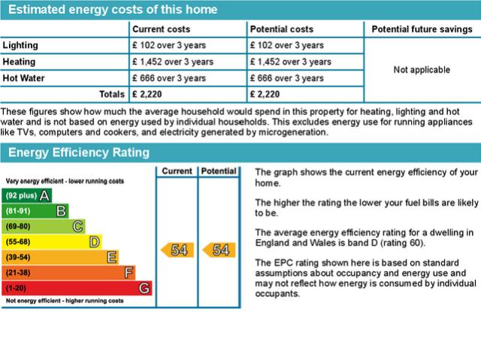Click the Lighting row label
pyautogui.click(x=20, y=45)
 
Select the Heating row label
pyautogui.click(x=20, y=62)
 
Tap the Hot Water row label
pyautogui.click(x=24, y=77)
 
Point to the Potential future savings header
pyautogui.click(x=421, y=29)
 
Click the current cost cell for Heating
pyautogui.click(x=173, y=62)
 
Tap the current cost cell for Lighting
pyautogui.click(x=169, y=45)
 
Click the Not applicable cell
pyautogui.click(x=422, y=70)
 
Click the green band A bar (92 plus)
pyautogui.click(x=28, y=195)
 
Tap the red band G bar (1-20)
pyautogui.click(x=77, y=288)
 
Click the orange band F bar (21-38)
pyautogui.click(x=69, y=272)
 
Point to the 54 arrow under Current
pyautogui.click(x=177, y=250)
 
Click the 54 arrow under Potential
pyautogui.click(x=219, y=250)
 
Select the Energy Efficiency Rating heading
pyautogui.click(x=79, y=152)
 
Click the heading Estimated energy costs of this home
pyautogui.click(x=113, y=10)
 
